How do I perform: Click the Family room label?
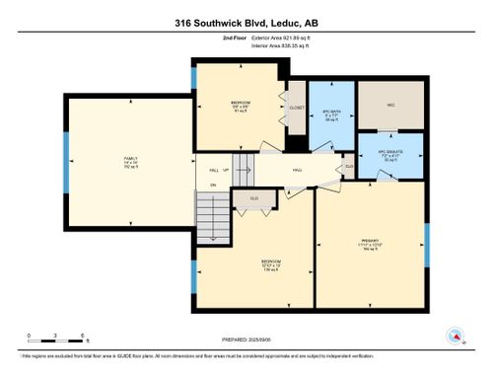pos(130,160)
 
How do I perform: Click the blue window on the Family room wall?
pos(65,150)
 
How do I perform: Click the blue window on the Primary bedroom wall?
pos(427,245)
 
